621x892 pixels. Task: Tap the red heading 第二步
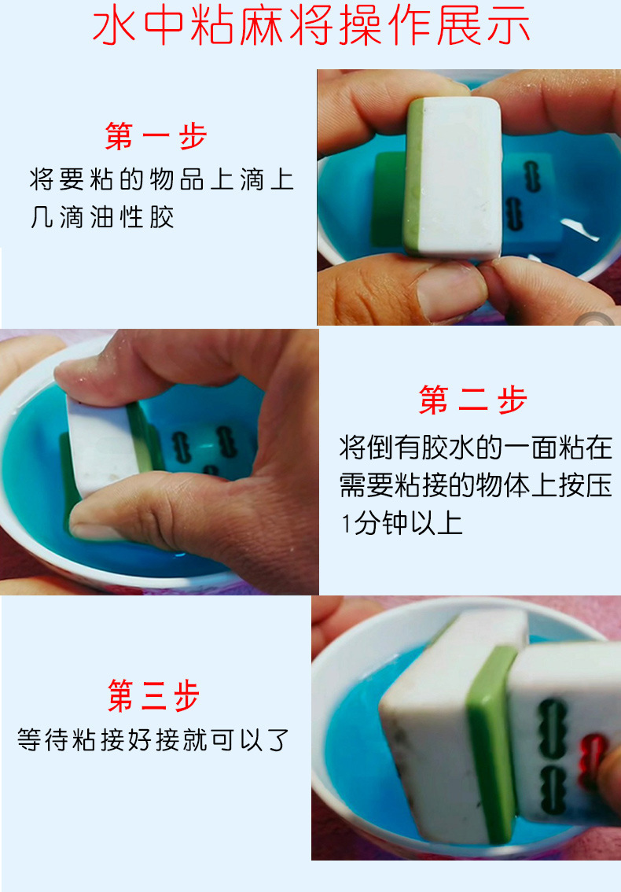click(x=472, y=400)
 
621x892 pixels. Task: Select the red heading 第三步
click(x=154, y=695)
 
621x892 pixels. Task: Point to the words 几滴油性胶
click(x=102, y=217)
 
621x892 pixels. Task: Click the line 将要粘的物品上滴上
click(x=161, y=179)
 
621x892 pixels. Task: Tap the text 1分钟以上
click(x=402, y=523)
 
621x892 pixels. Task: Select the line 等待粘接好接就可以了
click(x=154, y=740)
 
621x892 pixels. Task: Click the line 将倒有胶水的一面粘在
click(x=476, y=448)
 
